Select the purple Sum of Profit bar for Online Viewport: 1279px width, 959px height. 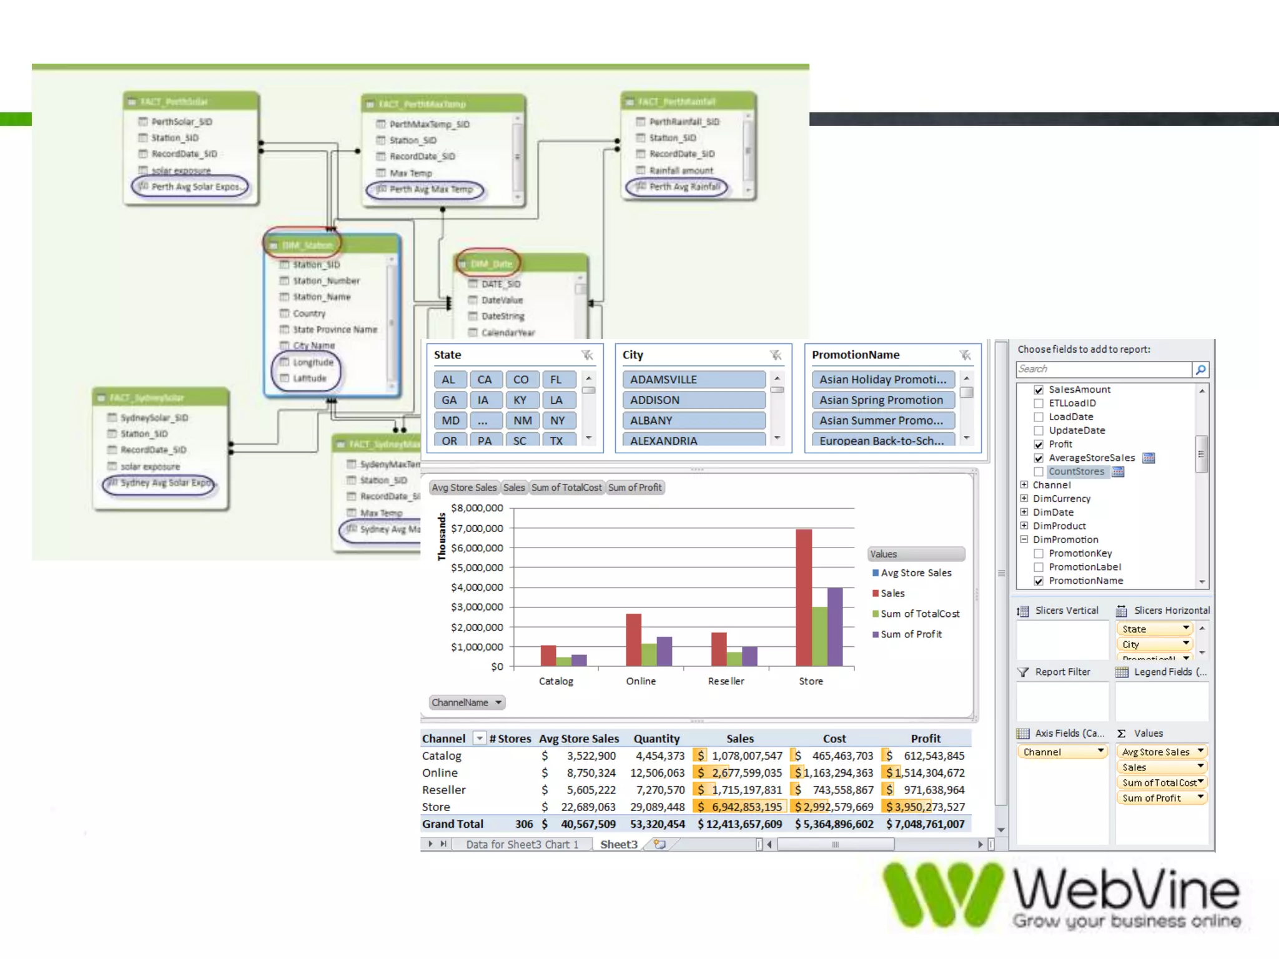point(664,651)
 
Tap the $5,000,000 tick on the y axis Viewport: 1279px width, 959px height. point(477,568)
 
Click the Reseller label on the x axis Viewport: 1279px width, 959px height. point(726,681)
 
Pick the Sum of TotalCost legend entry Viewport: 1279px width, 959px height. point(919,614)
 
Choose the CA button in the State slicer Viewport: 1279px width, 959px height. point(485,380)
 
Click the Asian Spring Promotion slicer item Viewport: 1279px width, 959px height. point(882,400)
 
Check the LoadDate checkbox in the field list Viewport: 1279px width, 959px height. point(1039,417)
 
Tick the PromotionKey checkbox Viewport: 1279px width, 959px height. point(1039,554)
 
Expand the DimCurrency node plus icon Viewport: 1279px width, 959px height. point(1024,498)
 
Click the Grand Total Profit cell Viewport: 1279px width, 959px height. point(926,824)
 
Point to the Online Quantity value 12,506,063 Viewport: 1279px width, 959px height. point(657,773)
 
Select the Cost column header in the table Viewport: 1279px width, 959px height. point(834,739)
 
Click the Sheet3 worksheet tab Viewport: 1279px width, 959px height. point(618,845)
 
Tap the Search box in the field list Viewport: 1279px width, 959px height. point(1104,370)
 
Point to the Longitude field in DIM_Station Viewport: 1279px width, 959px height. point(313,362)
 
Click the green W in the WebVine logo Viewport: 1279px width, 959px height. point(942,894)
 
